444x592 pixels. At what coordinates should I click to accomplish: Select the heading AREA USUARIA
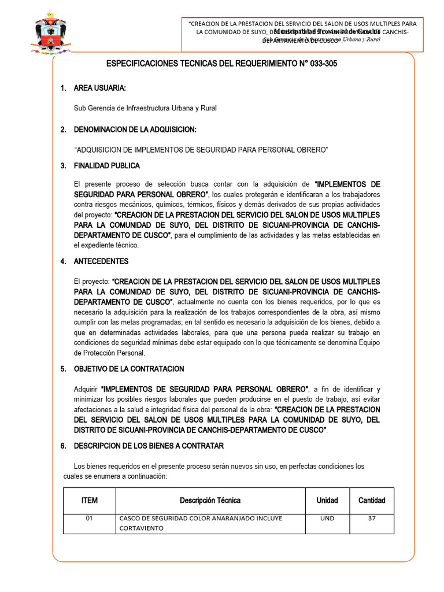click(x=99, y=88)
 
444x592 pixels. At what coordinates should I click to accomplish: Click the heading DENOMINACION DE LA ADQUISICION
click(x=135, y=129)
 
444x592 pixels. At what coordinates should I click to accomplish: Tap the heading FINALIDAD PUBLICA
click(x=106, y=166)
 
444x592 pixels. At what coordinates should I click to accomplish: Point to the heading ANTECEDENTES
click(x=101, y=261)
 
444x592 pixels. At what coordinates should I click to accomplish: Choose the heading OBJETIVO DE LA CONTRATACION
click(x=129, y=369)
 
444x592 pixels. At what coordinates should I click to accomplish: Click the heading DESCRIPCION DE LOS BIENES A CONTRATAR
click(x=148, y=446)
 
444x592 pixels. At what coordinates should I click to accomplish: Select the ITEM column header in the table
click(x=89, y=501)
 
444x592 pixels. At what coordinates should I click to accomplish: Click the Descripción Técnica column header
click(x=210, y=501)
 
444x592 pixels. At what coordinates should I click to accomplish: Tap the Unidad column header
click(x=327, y=501)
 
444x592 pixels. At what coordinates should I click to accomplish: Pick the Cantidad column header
click(x=372, y=501)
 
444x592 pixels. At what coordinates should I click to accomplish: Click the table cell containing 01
click(x=89, y=519)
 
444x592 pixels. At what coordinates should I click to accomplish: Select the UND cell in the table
click(x=327, y=519)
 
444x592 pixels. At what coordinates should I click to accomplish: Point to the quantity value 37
click(x=372, y=519)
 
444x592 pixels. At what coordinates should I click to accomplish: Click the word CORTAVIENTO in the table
click(x=142, y=528)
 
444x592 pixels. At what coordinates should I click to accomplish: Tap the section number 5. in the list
click(x=64, y=369)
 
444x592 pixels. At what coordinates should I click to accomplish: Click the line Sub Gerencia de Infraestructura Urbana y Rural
click(x=145, y=108)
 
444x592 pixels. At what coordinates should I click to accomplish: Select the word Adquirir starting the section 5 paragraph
click(x=86, y=388)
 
